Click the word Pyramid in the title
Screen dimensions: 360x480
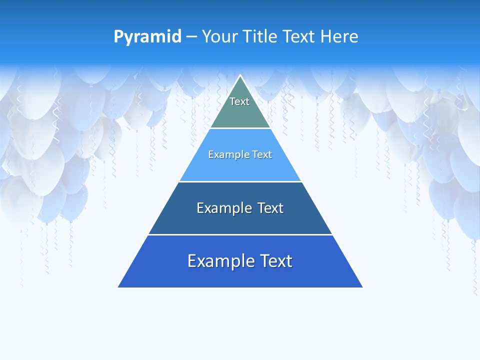pos(147,37)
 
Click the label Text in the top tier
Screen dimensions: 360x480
pos(239,101)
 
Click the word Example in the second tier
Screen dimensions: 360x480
pos(224,155)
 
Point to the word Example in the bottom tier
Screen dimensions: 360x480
pos(219,261)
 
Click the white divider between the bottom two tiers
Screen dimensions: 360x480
pos(240,234)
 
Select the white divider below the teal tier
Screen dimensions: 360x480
pos(240,128)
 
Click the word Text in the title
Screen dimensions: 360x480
pos(298,37)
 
